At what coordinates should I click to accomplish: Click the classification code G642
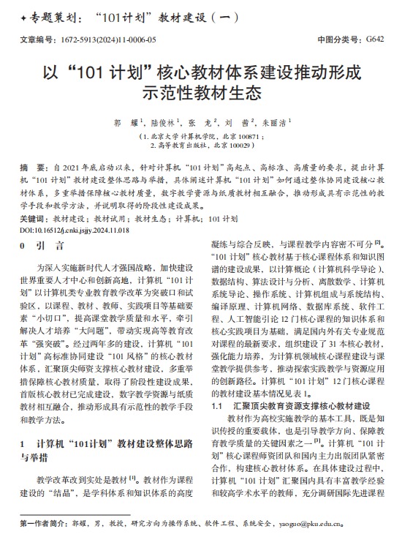[x=373, y=40]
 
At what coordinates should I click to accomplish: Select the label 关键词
[x=34, y=219]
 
